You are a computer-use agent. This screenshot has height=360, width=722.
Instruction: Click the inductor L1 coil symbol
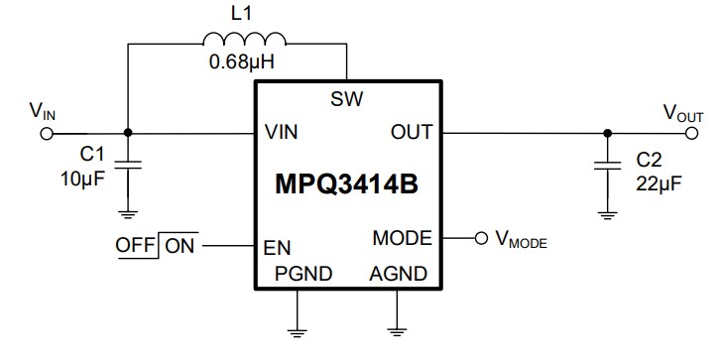pyautogui.click(x=244, y=40)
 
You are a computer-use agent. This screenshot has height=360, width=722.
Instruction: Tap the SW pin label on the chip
pyautogui.click(x=347, y=99)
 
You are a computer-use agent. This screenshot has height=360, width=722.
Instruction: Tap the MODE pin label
pyautogui.click(x=402, y=239)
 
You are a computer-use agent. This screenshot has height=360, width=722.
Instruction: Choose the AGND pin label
pyautogui.click(x=398, y=274)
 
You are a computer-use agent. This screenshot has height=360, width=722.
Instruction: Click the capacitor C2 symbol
pyautogui.click(x=605, y=164)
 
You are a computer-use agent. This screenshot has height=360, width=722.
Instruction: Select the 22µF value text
pyautogui.click(x=656, y=178)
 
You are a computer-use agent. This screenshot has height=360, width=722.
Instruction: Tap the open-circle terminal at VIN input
pyautogui.click(x=46, y=132)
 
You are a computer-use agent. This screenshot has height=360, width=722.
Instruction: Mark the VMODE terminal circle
pyautogui.click(x=481, y=239)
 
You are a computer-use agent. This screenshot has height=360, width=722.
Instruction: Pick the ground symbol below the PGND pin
pyautogui.click(x=295, y=325)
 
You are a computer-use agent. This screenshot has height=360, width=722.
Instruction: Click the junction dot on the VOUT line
pyautogui.click(x=605, y=132)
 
